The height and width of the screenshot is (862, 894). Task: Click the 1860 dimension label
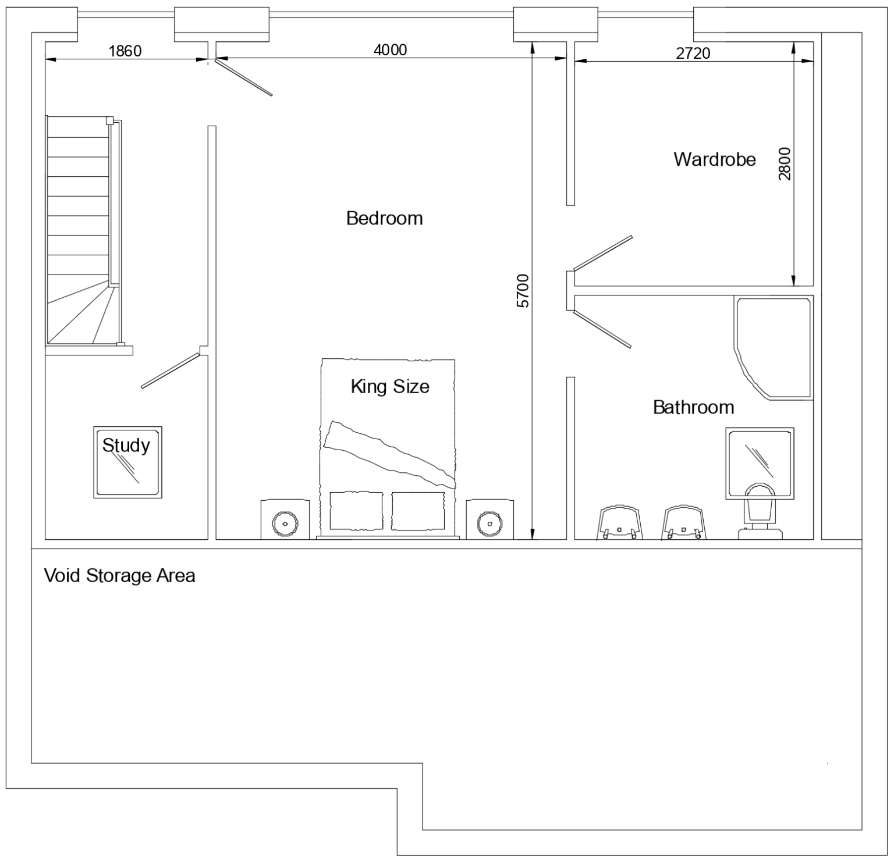pos(125,51)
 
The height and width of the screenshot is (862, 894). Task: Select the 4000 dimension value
pos(390,50)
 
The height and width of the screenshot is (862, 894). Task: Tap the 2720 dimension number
pos(693,54)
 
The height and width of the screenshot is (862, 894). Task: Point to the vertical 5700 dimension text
pos(523,291)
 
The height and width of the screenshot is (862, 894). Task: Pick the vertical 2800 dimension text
pos(785,164)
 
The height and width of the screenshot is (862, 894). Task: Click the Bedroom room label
pos(384,219)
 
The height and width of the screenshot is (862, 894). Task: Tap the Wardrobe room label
pos(715,159)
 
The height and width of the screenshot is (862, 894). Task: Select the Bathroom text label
pos(693,407)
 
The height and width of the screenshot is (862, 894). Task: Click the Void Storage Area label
pos(120,576)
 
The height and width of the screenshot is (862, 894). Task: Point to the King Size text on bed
pos(390,387)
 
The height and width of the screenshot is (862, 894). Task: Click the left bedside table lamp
pos(285,523)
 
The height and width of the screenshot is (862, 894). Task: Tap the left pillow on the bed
pos(356,511)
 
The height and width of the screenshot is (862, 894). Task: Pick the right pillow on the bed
pos(418,511)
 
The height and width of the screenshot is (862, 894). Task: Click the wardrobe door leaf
pos(603,253)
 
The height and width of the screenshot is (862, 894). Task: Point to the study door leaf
pos(171,371)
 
